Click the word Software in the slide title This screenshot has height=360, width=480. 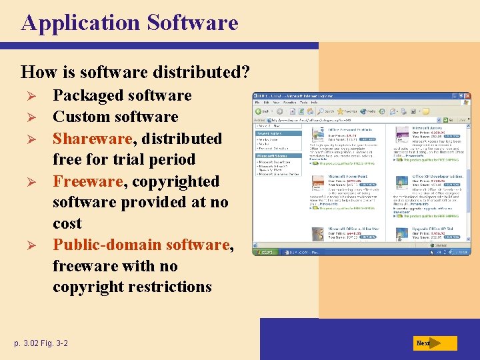[x=192, y=23]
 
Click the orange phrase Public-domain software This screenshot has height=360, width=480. [x=141, y=245]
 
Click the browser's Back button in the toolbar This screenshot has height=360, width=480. [x=261, y=111]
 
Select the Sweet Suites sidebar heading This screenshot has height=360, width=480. [x=267, y=133]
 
